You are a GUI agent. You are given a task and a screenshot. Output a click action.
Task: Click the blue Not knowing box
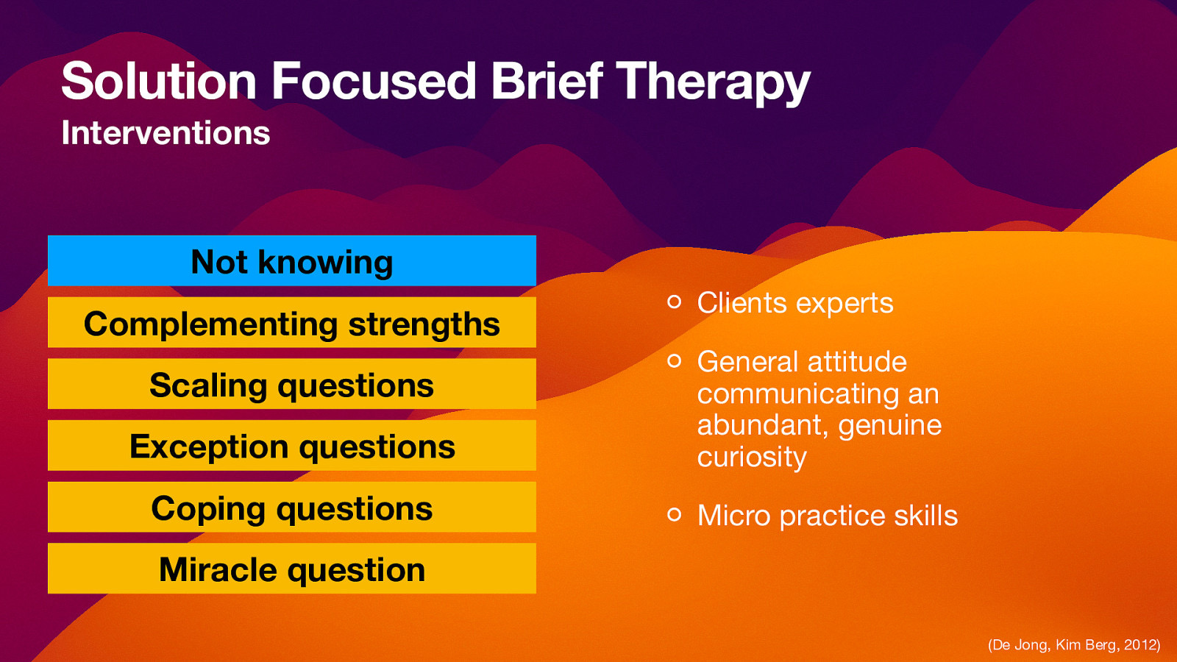(x=292, y=261)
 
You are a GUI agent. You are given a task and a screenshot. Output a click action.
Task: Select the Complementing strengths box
(x=292, y=323)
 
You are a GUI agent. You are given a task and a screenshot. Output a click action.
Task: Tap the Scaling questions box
(x=292, y=385)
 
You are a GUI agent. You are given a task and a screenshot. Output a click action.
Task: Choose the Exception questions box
(x=292, y=446)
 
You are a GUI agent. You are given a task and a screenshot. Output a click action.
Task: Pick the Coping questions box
(x=292, y=508)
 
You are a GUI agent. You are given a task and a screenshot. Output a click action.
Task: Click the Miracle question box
(x=292, y=569)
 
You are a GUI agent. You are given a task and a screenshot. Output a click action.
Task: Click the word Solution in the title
(x=158, y=81)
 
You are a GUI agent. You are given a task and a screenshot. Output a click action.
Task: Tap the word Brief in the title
(x=546, y=81)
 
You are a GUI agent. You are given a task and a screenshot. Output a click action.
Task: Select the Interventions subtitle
(x=166, y=133)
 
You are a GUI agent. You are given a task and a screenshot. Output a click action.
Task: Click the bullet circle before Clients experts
(x=674, y=302)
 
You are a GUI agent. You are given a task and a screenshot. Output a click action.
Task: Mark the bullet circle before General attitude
(x=674, y=360)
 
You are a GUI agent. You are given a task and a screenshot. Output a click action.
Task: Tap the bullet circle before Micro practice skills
(x=674, y=514)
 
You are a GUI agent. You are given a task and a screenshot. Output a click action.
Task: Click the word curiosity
(x=752, y=458)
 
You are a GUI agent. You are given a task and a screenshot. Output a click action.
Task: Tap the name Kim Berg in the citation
(x=1085, y=645)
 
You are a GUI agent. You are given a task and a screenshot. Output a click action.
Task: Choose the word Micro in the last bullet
(x=733, y=515)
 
